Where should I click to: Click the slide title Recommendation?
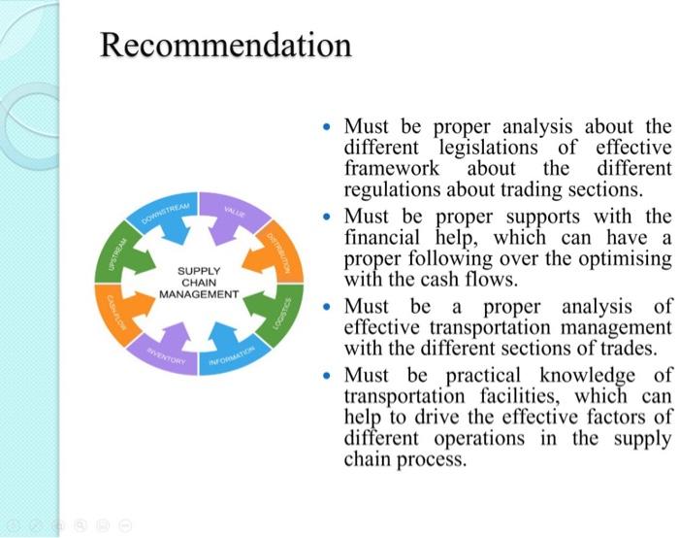[226, 45]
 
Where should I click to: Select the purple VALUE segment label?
[234, 211]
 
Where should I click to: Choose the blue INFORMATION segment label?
[232, 355]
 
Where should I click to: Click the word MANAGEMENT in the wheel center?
[199, 292]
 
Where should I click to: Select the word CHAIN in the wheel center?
[199, 282]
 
